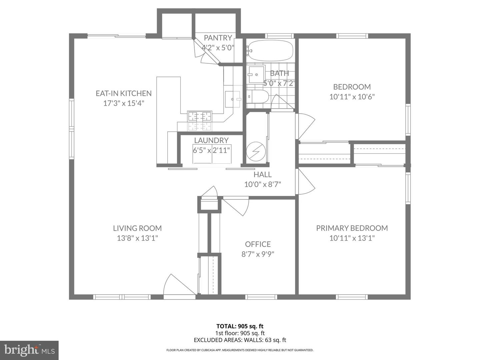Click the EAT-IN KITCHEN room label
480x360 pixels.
click(123, 93)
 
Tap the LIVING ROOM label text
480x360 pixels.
click(137, 228)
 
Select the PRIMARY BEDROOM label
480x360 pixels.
click(352, 228)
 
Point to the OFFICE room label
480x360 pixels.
click(258, 244)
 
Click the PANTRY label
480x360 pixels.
click(218, 38)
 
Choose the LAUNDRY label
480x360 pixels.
click(211, 140)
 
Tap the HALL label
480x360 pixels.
click(262, 174)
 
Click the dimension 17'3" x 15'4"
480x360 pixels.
click(123, 103)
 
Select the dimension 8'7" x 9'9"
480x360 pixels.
click(258, 254)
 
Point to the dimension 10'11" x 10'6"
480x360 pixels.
click(352, 97)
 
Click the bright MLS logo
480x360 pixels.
click(29, 350)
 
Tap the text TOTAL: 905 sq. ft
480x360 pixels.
click(240, 326)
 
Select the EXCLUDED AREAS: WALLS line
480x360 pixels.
click(240, 340)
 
